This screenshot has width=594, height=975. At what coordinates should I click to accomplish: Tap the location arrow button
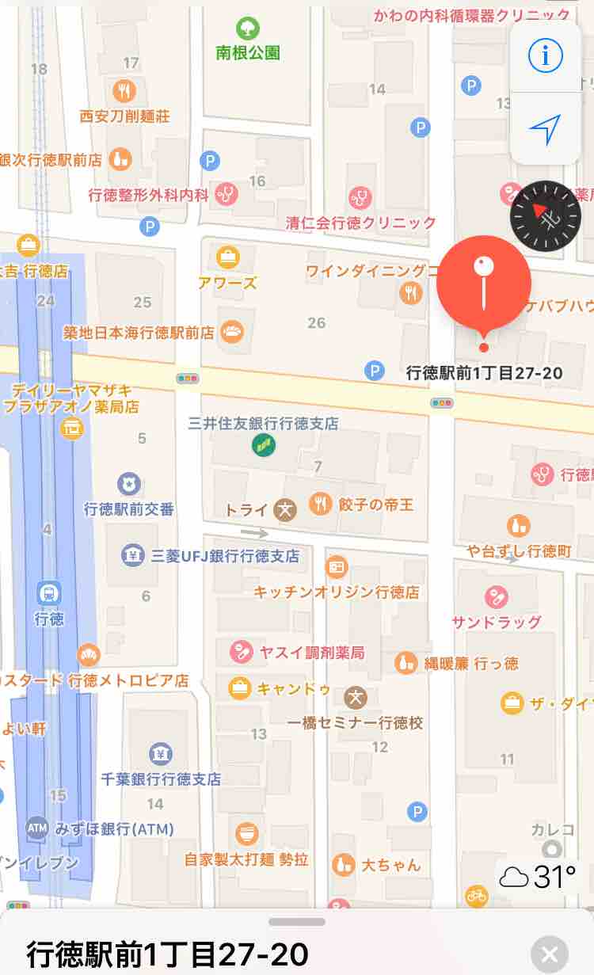pyautogui.click(x=545, y=128)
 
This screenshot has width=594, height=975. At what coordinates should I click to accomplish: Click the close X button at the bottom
pyautogui.click(x=550, y=953)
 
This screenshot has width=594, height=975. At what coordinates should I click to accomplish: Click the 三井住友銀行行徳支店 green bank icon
pyautogui.click(x=263, y=445)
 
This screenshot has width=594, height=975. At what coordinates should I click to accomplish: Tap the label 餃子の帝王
pyautogui.click(x=375, y=505)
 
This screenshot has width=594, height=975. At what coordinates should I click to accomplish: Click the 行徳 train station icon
pyautogui.click(x=49, y=592)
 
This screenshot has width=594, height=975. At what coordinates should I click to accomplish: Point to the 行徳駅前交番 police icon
pyautogui.click(x=128, y=483)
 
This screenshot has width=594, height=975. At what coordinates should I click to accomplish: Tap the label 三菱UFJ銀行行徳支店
pyautogui.click(x=225, y=556)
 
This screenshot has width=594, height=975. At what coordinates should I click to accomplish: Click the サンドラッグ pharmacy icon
pyautogui.click(x=497, y=595)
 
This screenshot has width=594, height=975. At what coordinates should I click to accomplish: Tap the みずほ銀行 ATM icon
pyautogui.click(x=37, y=828)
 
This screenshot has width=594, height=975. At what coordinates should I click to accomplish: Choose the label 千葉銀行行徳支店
pyautogui.click(x=161, y=779)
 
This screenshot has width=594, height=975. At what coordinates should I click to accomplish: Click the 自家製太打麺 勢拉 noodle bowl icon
pyautogui.click(x=247, y=833)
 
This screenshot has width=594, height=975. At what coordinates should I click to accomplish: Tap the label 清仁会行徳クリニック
pyautogui.click(x=361, y=223)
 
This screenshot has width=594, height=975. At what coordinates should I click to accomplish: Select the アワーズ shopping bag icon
pyautogui.click(x=228, y=257)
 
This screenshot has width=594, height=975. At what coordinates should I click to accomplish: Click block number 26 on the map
pyautogui.click(x=317, y=322)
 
